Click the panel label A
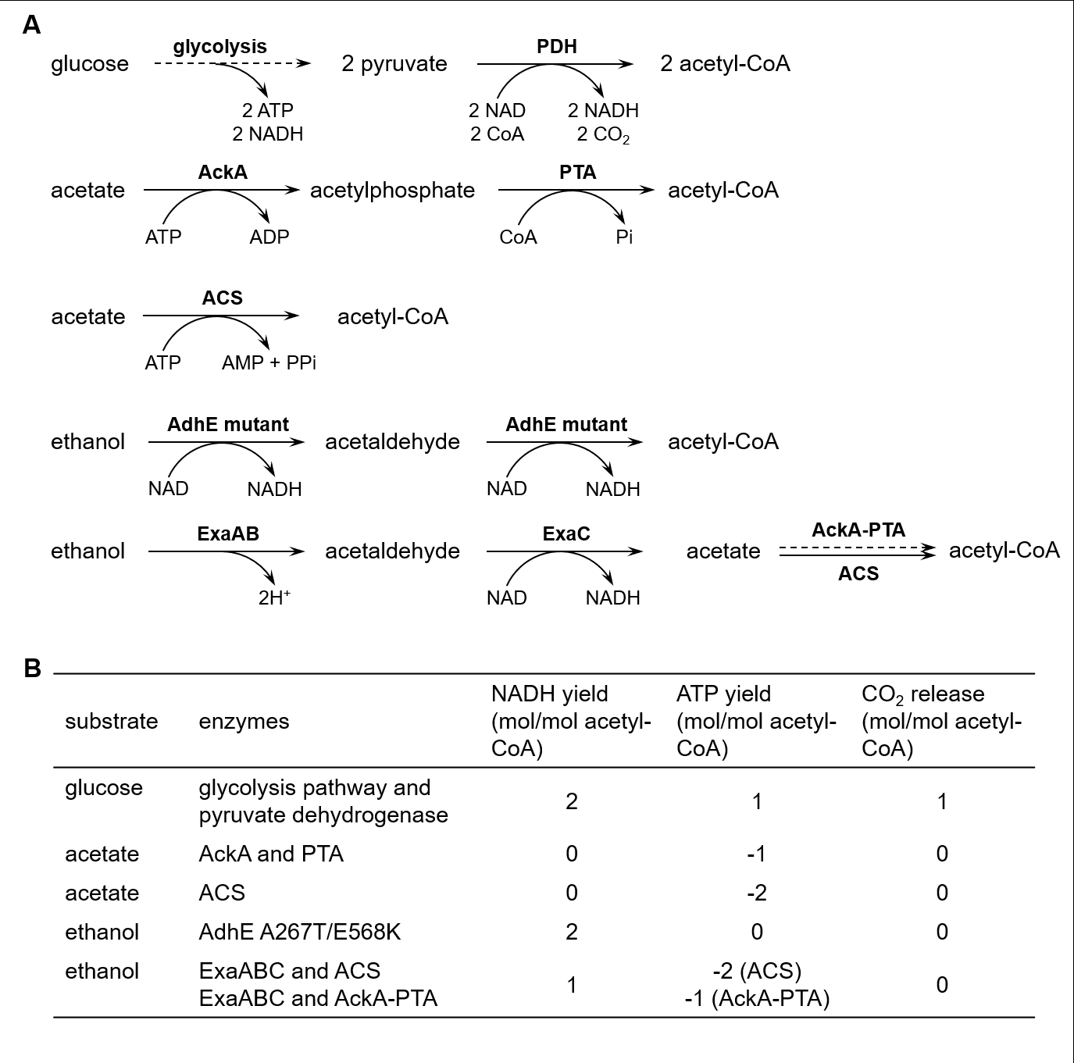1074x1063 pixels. [x=32, y=25]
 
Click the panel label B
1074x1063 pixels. [x=32, y=669]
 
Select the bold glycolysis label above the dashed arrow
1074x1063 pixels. [x=219, y=47]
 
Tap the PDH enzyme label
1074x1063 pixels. [x=556, y=47]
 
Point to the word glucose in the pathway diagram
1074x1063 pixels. [x=90, y=64]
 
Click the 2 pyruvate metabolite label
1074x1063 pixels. [x=394, y=64]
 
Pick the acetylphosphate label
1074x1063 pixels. [x=392, y=191]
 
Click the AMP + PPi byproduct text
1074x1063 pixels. [x=269, y=363]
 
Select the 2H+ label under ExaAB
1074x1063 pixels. [x=274, y=598]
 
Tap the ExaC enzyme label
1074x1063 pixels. [x=566, y=534]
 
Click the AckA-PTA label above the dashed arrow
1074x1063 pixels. [x=858, y=530]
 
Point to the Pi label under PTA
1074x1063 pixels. [x=624, y=237]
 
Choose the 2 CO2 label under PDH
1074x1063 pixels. [x=603, y=135]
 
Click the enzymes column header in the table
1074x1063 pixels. [x=244, y=722]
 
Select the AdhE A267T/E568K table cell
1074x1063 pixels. [x=300, y=932]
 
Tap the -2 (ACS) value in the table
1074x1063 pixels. [x=757, y=971]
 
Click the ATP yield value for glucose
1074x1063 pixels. [x=757, y=801]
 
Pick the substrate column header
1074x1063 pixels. [x=111, y=722]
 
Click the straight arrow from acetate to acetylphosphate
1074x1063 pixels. [x=222, y=190]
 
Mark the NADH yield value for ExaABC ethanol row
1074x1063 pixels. [x=572, y=985]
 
